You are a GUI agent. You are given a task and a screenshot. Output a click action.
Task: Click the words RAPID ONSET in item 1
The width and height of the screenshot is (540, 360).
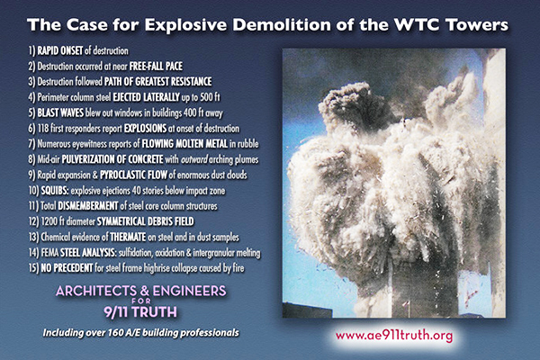pyautogui.click(x=60, y=50)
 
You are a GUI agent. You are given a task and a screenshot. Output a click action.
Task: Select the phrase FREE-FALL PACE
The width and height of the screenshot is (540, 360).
pyautogui.click(x=156, y=66)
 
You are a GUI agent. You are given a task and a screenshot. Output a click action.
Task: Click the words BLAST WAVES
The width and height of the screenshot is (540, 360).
pyautogui.click(x=60, y=112)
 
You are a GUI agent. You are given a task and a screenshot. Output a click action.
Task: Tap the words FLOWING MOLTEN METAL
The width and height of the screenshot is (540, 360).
pyautogui.click(x=184, y=144)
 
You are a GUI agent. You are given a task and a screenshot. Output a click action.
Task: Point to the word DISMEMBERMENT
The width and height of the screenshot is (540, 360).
pyautogui.click(x=88, y=206)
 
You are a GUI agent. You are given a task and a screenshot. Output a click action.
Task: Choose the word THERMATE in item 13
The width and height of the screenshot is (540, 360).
pyautogui.click(x=128, y=237)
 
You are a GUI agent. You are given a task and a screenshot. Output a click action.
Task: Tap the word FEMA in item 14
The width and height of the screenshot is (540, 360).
pyautogui.click(x=49, y=253)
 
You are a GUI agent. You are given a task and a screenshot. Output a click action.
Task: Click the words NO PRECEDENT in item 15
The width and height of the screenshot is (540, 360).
pyautogui.click(x=67, y=267)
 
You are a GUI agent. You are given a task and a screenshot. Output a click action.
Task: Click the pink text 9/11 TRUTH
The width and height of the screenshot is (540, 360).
pyautogui.click(x=140, y=312)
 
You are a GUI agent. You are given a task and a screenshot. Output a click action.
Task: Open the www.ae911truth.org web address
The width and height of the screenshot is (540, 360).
pyautogui.click(x=394, y=336)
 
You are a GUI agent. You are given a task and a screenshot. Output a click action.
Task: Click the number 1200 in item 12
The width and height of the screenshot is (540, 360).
pyautogui.click(x=49, y=221)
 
